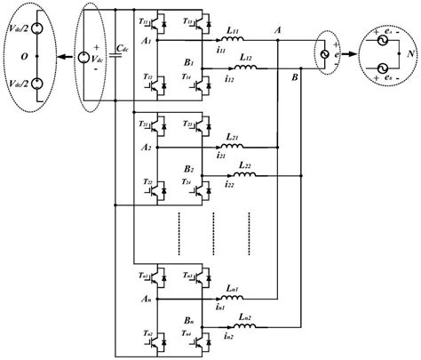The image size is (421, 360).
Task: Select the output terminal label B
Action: [x=294, y=79]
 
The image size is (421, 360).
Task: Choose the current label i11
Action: [x=218, y=53]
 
